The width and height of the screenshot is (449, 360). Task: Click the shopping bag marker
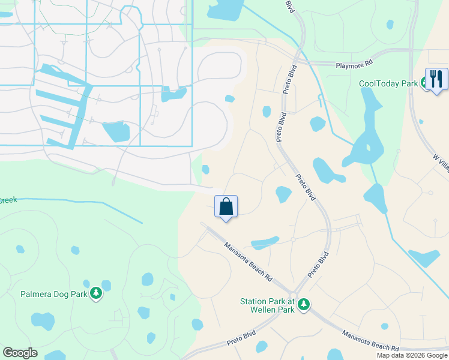(x=226, y=207)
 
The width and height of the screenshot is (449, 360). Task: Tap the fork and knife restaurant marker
(x=436, y=79)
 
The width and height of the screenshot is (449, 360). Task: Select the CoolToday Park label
(x=388, y=84)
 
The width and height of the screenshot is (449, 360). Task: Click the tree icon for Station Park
(x=304, y=305)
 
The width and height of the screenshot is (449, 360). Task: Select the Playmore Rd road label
(x=354, y=62)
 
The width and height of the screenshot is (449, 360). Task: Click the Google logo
(x=20, y=353)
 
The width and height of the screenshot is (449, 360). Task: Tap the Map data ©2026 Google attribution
(x=412, y=355)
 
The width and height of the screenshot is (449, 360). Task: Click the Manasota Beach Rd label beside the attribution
(x=370, y=340)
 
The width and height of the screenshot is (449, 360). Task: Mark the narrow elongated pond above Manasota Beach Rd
(x=265, y=243)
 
